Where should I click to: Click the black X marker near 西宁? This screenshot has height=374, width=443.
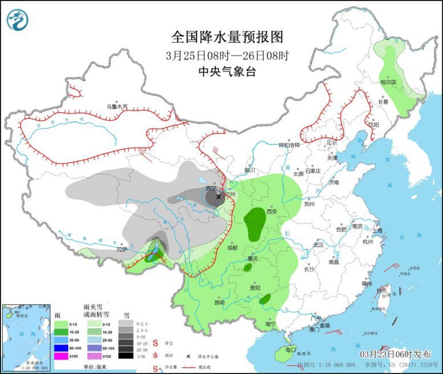coord(218,196)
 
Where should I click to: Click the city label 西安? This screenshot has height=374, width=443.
coord(271,211)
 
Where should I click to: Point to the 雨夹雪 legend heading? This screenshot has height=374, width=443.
coord(93,307)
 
